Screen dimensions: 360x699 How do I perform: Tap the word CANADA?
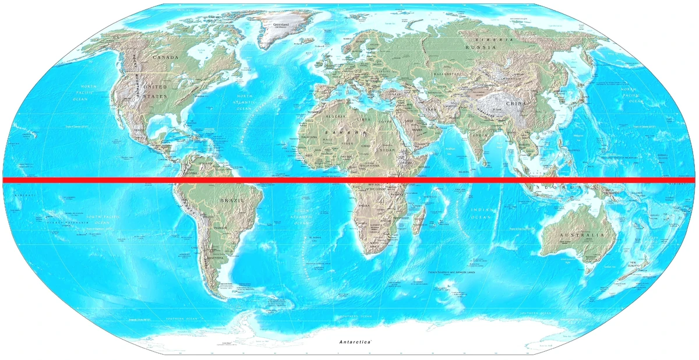(x=165, y=58)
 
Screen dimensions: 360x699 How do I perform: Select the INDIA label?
(x=480, y=135)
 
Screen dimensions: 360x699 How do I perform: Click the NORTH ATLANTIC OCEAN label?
(x=244, y=102)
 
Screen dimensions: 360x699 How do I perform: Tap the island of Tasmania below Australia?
(x=587, y=270)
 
